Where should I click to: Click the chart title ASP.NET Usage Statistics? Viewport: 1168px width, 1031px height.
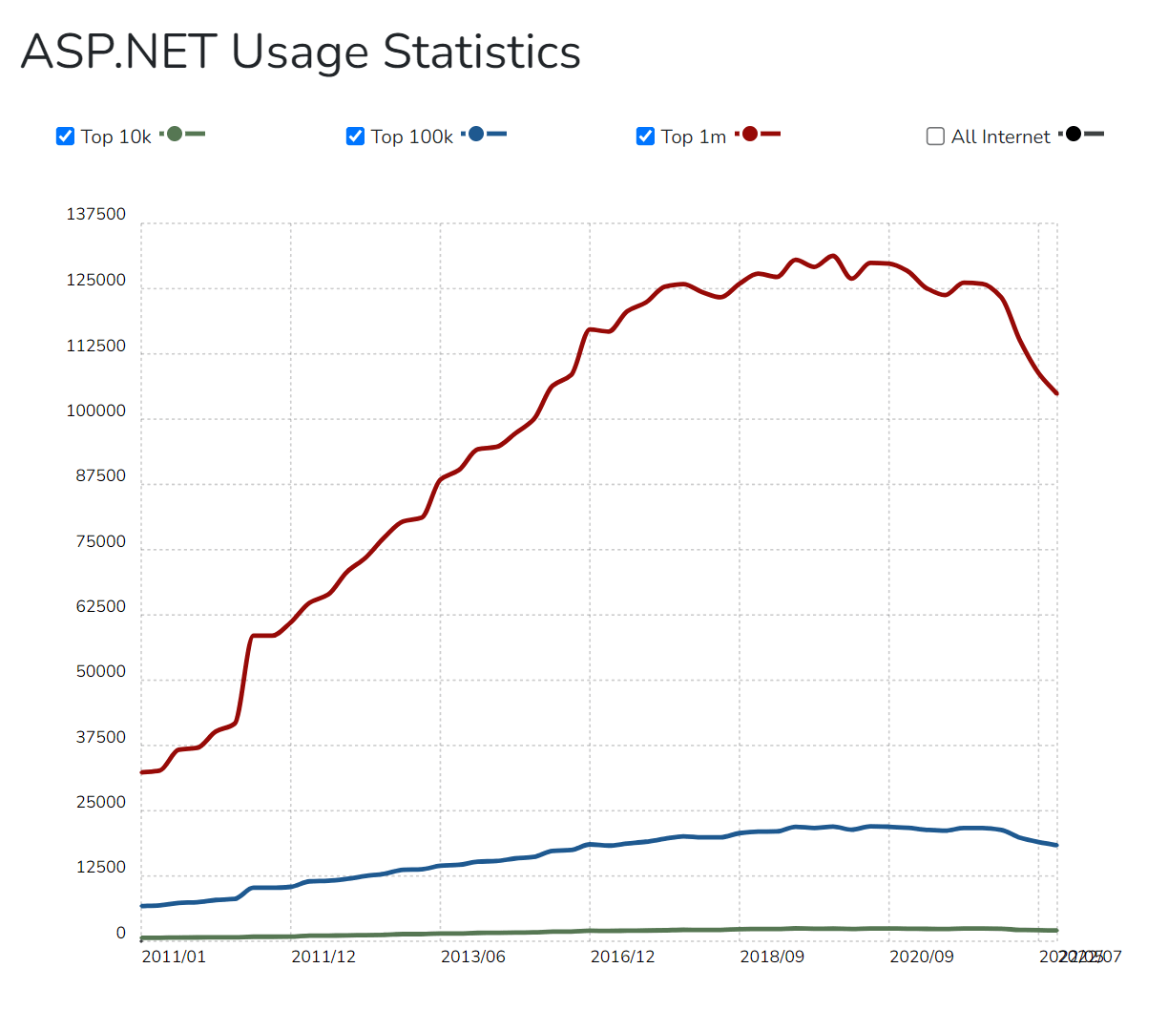point(301,52)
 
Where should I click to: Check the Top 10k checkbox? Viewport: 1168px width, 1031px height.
point(66,137)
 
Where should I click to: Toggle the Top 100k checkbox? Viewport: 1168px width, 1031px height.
point(355,137)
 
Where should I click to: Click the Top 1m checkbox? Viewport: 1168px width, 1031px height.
point(645,137)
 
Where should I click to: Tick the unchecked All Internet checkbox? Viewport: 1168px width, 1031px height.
point(935,137)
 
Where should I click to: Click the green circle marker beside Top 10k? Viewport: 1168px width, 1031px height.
point(175,134)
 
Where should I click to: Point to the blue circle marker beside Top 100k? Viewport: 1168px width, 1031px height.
point(476,134)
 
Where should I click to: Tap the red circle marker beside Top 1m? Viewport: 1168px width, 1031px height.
point(750,134)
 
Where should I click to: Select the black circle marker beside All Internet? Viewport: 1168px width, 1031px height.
point(1074,134)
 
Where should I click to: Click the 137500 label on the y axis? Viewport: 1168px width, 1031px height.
point(95,215)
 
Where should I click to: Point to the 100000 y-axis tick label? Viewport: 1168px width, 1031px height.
point(95,411)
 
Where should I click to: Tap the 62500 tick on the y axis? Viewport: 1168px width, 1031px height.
point(100,607)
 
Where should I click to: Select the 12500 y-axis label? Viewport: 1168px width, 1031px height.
point(100,868)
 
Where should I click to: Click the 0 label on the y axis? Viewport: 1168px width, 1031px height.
point(120,934)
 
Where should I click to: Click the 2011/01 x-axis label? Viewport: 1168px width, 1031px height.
point(174,957)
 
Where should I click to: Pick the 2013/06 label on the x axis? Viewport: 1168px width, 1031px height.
point(472,957)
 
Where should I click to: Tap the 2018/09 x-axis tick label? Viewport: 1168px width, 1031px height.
point(772,957)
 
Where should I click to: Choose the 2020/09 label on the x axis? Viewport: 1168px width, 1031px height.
point(921,957)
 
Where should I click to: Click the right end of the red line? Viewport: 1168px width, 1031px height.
point(1056,393)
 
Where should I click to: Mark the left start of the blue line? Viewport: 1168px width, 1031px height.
point(142,906)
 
